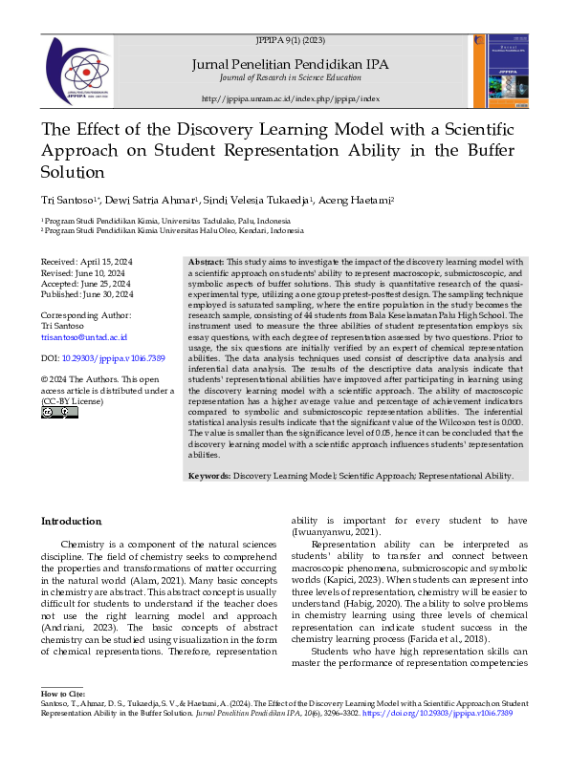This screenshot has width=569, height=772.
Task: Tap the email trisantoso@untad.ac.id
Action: point(83,337)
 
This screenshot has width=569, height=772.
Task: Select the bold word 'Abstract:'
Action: point(206,261)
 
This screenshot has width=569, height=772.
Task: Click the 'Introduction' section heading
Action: point(71,521)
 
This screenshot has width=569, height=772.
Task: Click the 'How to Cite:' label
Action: point(64,718)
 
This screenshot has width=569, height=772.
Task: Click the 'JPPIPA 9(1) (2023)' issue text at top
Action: point(291,42)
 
